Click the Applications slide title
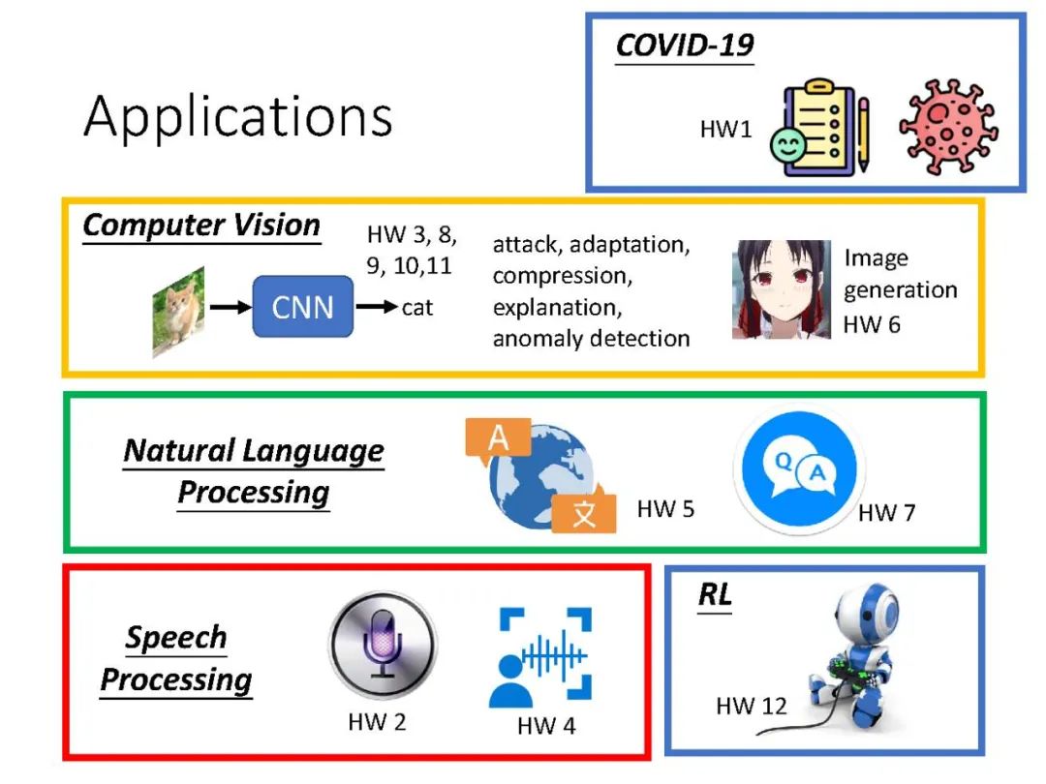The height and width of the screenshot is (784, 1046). (x=238, y=117)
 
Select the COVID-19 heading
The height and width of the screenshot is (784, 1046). (x=685, y=45)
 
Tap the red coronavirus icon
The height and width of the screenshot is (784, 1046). (x=948, y=127)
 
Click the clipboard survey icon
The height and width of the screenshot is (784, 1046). (x=820, y=128)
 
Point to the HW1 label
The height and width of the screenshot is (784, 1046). (x=725, y=129)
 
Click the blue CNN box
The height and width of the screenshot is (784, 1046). (x=303, y=307)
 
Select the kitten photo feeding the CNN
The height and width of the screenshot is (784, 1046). (x=178, y=312)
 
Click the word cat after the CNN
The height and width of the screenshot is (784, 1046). (x=416, y=308)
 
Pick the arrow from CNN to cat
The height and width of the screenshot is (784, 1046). (x=377, y=307)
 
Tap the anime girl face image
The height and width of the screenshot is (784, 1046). (x=782, y=289)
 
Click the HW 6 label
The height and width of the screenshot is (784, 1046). (x=872, y=324)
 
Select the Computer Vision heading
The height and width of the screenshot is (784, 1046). (x=201, y=226)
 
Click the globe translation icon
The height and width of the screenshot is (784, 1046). (x=541, y=475)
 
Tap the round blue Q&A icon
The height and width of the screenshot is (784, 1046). (x=799, y=468)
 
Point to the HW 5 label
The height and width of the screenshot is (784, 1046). (x=665, y=509)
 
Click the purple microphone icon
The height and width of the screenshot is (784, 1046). (x=383, y=645)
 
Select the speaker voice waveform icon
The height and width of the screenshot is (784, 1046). (x=540, y=656)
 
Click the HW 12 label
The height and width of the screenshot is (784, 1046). (x=752, y=706)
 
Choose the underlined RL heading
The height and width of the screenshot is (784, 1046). (x=715, y=594)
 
